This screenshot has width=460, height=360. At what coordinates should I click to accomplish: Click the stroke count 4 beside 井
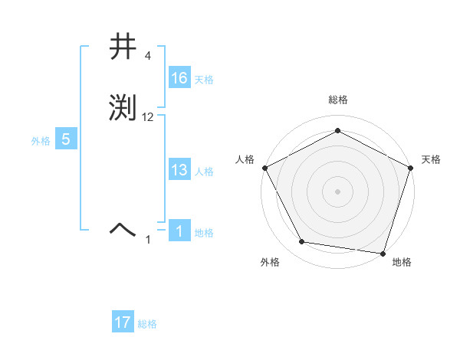pos(147,56)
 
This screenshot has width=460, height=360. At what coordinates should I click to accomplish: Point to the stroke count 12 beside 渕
pos(148,116)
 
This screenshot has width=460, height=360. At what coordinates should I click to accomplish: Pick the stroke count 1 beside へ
pos(149,240)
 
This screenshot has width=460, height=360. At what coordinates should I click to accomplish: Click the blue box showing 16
pos(179,78)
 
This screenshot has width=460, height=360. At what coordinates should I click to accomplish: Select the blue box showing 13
pos(179,171)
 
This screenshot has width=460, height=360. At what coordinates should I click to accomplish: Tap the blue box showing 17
pos(122,323)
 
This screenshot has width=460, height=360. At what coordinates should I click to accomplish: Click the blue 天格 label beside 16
pos(203,80)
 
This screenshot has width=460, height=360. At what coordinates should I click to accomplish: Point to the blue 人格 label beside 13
pos(203,172)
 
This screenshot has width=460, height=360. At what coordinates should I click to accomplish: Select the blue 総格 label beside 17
pos(147,324)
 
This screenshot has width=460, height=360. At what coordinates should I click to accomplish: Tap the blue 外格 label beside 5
pos(40,141)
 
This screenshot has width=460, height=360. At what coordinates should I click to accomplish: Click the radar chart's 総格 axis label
pos(337,100)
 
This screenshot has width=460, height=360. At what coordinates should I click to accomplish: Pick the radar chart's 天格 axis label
pos(431,159)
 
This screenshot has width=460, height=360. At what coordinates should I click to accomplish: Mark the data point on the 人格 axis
pos(264,167)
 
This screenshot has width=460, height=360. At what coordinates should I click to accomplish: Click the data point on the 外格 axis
pos(302,242)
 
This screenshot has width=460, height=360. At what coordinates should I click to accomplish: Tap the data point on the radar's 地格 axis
pos(383,253)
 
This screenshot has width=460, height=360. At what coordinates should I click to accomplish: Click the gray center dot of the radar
pos(337,191)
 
